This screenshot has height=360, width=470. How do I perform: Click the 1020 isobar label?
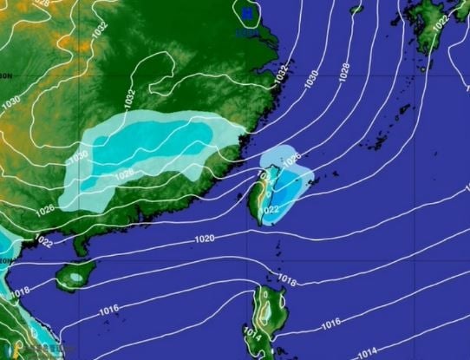[205, 239]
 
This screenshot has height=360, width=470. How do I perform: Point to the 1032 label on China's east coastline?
[280, 75]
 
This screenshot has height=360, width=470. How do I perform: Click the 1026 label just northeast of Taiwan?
[291, 157]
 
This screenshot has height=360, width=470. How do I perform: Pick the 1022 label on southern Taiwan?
[269, 210]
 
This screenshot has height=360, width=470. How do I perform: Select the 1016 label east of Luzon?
[330, 324]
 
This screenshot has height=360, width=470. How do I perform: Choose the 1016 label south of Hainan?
[108, 310]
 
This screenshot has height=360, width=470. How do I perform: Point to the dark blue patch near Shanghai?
[250, 13]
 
